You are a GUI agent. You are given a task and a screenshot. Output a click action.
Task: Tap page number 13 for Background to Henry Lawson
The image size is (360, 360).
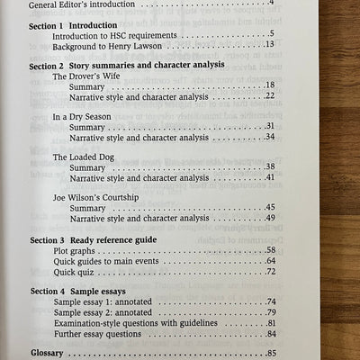click(x=270, y=44)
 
